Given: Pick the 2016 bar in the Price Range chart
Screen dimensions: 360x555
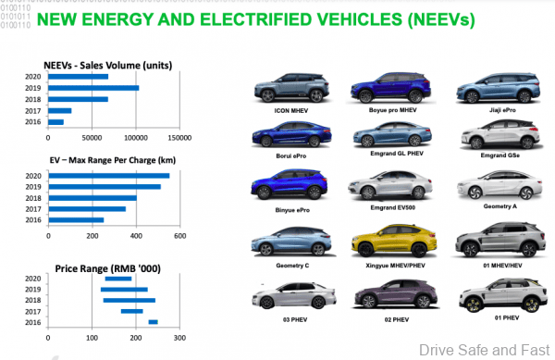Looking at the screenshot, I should (x=153, y=322).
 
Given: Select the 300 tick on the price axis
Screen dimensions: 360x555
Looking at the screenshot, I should (x=180, y=338).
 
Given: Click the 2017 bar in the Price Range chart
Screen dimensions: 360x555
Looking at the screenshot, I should (x=131, y=311).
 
